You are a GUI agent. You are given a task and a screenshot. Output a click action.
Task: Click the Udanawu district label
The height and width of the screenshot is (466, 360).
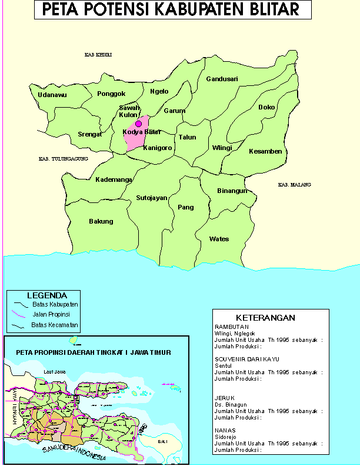[x=52, y=95]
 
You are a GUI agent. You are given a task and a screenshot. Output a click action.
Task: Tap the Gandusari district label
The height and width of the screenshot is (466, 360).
[x=222, y=79]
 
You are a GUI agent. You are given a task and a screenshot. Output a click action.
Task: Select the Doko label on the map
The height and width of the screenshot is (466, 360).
[x=266, y=108]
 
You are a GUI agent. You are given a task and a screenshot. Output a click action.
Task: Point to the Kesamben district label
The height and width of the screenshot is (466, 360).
[x=265, y=151]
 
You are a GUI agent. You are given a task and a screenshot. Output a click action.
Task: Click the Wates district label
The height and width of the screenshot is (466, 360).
[x=219, y=239]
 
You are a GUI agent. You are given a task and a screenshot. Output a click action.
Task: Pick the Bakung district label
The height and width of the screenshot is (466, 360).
[x=101, y=221]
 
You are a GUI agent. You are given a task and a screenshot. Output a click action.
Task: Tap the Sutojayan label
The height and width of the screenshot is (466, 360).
[x=152, y=198]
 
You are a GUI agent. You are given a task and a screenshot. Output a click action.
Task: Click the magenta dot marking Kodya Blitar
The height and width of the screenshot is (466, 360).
[x=139, y=124]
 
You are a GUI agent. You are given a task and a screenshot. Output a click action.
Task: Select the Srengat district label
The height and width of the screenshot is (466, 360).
[x=90, y=134]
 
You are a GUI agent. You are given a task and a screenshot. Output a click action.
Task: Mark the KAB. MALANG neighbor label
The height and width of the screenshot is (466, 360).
[x=294, y=185]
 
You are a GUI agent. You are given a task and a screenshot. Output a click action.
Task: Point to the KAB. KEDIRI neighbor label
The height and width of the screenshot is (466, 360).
[x=98, y=55]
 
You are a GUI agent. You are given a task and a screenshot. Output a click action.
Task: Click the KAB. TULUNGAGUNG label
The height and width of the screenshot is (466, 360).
[x=63, y=159]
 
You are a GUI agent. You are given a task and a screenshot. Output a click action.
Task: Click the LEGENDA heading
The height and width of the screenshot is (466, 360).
[x=46, y=295]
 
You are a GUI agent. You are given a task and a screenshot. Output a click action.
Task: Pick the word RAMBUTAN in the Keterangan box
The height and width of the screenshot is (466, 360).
[x=231, y=327]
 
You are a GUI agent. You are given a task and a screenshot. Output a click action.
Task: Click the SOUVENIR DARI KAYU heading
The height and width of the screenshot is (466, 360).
[x=246, y=358]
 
